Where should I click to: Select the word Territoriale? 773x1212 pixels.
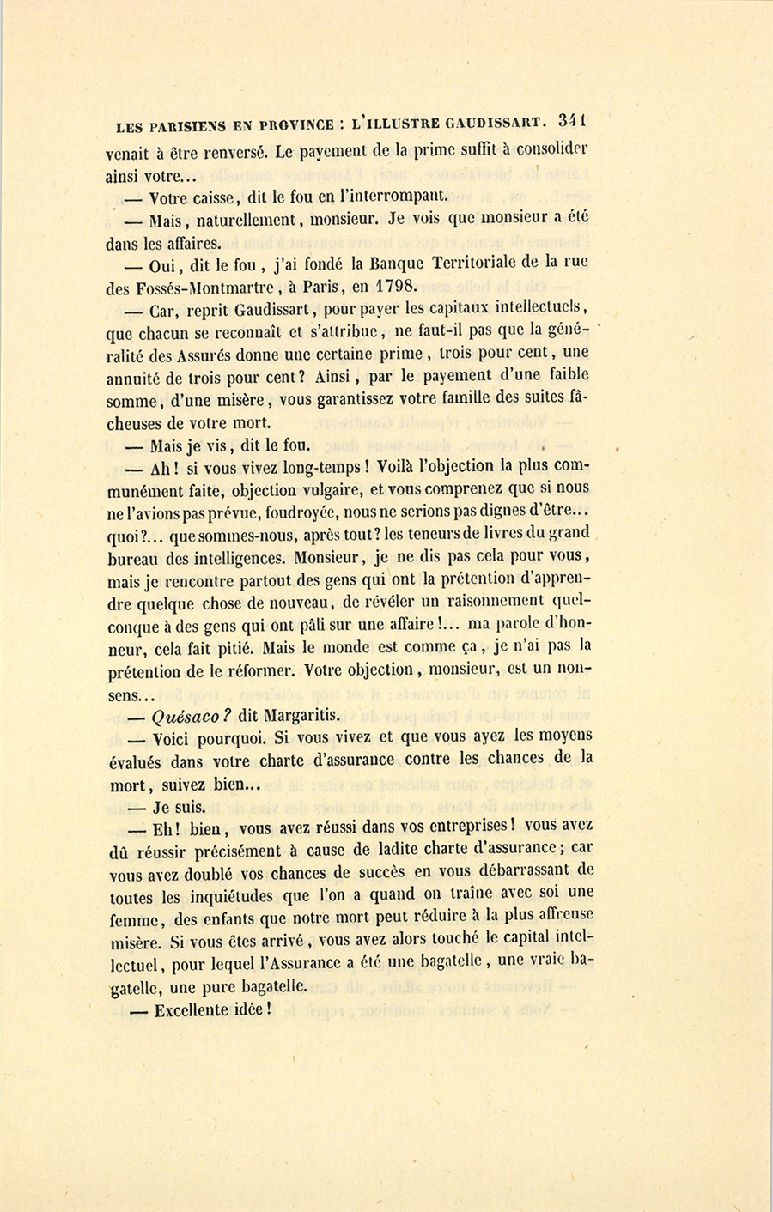coord(461,264)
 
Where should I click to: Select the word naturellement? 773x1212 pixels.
coord(249,220)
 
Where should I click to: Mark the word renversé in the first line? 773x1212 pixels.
coord(227,155)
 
